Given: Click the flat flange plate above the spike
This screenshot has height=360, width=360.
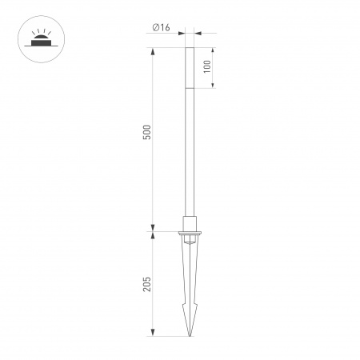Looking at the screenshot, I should tap(190, 233).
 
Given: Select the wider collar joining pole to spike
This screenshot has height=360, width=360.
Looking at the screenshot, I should tap(190, 222).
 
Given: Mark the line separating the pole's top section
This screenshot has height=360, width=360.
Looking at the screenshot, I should tap(190, 87).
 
